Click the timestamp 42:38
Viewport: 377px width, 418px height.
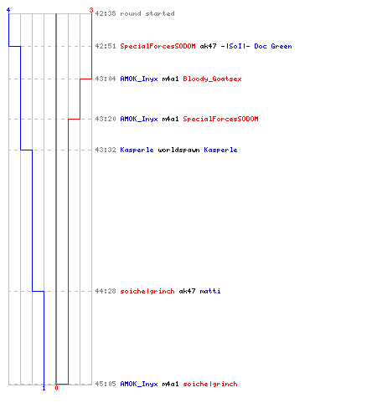click(106, 13)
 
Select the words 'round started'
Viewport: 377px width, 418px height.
click(147, 13)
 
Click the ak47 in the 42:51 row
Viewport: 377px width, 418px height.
click(208, 46)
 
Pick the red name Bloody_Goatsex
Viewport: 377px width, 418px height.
click(212, 79)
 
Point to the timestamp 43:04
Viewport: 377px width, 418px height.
click(106, 79)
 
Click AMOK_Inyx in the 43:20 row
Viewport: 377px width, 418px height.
click(139, 119)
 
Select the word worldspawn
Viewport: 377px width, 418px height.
click(178, 150)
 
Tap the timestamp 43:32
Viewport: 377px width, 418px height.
click(106, 150)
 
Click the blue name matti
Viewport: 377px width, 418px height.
click(210, 291)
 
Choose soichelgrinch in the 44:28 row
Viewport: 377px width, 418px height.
click(147, 291)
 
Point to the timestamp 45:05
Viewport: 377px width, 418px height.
click(106, 384)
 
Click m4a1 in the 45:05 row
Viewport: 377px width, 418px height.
click(170, 384)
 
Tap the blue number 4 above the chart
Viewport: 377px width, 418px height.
click(8, 10)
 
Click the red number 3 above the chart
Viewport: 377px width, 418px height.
click(91, 10)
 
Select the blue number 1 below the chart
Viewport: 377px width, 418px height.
click(44, 388)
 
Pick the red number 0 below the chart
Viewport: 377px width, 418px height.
click(56, 388)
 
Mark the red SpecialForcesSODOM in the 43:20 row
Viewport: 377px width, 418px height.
click(220, 119)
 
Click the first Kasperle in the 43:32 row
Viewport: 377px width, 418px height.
click(137, 150)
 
